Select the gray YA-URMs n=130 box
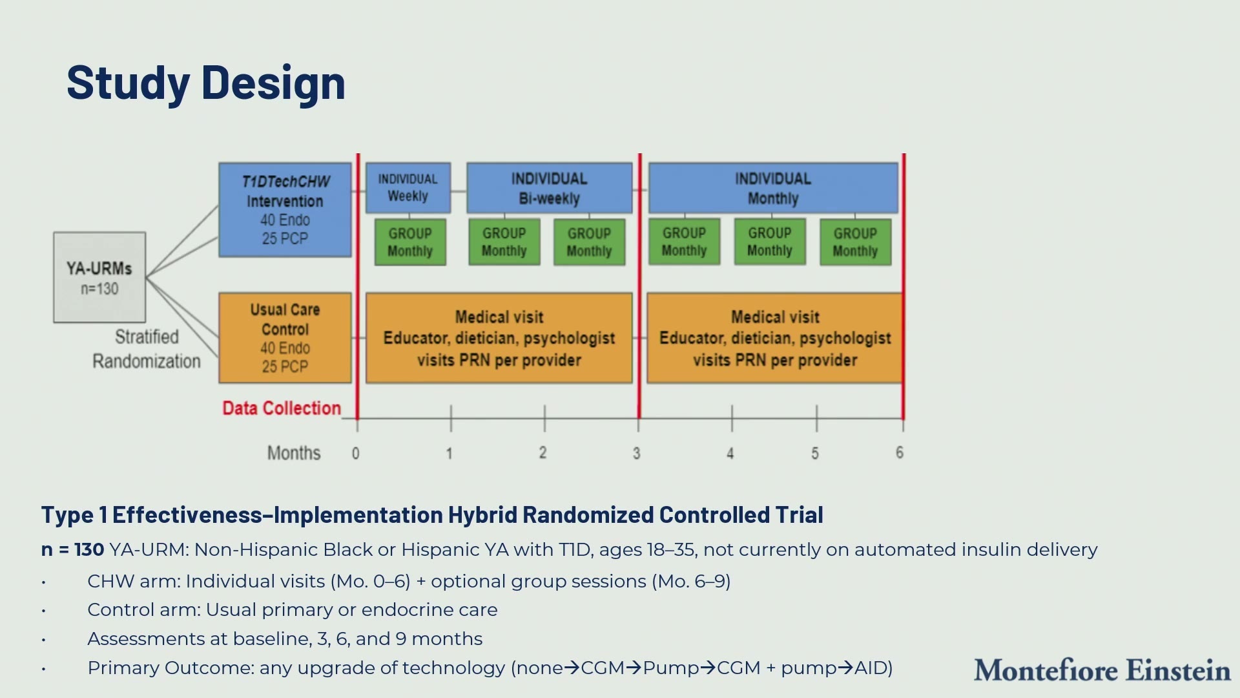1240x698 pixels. point(99,277)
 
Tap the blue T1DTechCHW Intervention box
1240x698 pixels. point(285,210)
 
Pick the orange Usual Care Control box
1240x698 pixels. point(285,338)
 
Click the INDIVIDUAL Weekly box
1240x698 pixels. point(408,188)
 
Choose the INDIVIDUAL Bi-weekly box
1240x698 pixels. point(550,188)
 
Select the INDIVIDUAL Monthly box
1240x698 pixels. point(773,188)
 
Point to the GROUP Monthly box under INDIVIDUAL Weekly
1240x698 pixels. point(410,242)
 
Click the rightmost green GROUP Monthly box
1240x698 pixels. point(856,242)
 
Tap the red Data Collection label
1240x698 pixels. point(282,408)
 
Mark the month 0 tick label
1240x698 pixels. point(356,454)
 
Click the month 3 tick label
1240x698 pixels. point(637,454)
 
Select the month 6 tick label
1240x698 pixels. point(900,453)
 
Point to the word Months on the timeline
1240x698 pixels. point(294,453)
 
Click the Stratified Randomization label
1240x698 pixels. point(147,349)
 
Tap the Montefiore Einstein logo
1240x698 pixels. point(1102,670)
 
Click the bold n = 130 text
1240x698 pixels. point(72,550)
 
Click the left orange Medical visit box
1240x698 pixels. point(499,338)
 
